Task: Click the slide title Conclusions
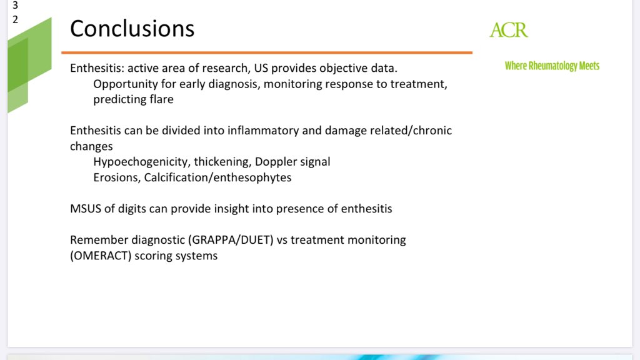coord(132,29)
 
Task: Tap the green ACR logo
coord(509,30)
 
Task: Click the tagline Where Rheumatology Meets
coord(552,66)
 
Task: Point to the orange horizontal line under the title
coord(267,52)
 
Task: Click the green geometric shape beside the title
coord(29,65)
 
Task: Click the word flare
coord(162,99)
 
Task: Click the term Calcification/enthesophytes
coord(217,177)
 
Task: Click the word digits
coord(132,209)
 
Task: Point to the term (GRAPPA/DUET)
coord(231,240)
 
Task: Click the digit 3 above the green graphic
coord(15,5)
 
